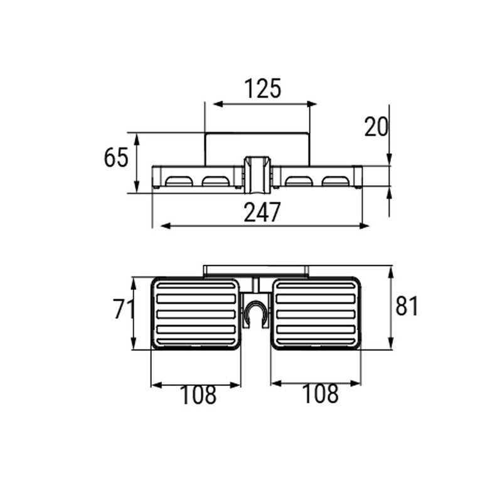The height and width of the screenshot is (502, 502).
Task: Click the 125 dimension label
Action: tap(263, 88)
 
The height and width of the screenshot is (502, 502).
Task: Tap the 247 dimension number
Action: tap(262, 212)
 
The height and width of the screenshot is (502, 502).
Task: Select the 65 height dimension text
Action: tap(116, 158)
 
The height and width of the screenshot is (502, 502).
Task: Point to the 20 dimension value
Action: tap(376, 127)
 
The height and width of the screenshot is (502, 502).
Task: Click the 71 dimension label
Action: tap(123, 309)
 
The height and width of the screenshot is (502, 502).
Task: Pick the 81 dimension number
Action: tap(407, 306)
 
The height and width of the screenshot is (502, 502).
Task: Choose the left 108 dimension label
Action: tap(198, 395)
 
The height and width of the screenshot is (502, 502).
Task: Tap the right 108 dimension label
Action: tap(320, 393)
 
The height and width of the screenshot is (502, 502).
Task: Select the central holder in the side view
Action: tap(257, 175)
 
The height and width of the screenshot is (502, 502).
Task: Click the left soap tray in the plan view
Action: tap(196, 313)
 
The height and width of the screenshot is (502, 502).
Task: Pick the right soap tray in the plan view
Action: tap(316, 313)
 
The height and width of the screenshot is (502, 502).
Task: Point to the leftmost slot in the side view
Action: tap(179, 181)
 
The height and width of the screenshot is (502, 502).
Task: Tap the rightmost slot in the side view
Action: tap(335, 181)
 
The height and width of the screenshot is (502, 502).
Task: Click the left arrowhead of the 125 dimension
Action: tap(218, 104)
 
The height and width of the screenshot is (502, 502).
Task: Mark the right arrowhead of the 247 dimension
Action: tap(364, 226)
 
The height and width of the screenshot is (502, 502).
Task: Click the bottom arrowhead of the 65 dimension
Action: tap(137, 186)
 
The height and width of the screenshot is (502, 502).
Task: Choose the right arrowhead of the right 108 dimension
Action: tap(356, 383)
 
